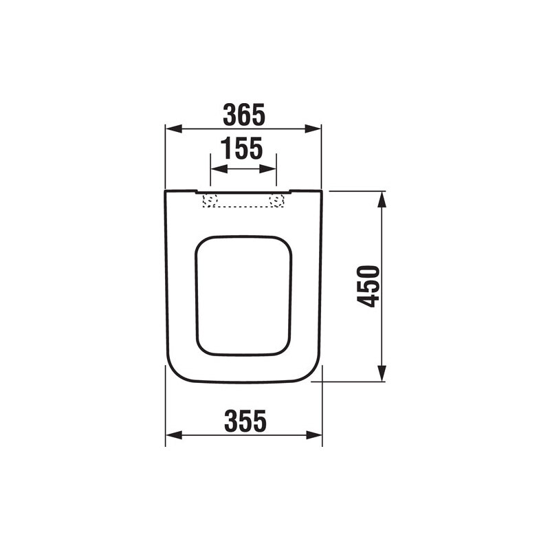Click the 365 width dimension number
[243, 115]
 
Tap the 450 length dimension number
[369, 285]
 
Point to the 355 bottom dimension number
[244, 421]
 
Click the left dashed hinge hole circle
[211, 201]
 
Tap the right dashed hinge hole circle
[277, 201]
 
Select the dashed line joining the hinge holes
[244, 206]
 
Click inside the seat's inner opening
[243, 296]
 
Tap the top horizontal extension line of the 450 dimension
[354, 191]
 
